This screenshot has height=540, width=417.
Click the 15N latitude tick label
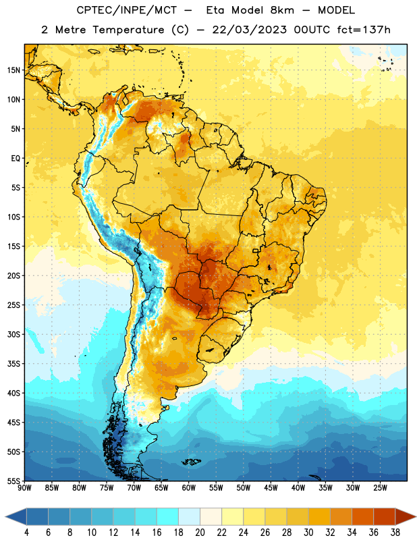[13, 70]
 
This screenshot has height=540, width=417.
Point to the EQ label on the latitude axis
[16, 159]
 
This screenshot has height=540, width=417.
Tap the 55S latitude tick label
[13, 481]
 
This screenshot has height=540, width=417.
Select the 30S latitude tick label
[13, 334]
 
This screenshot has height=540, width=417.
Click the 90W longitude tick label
[24, 487]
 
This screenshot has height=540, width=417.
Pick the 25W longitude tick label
[380, 487]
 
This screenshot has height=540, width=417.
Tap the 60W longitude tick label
[189, 487]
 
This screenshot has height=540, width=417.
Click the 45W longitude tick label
[271, 487]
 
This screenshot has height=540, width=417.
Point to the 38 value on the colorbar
[395, 533]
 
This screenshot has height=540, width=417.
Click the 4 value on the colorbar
[26, 533]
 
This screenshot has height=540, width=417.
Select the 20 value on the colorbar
[200, 533]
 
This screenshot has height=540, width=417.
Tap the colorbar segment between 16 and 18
[168, 516]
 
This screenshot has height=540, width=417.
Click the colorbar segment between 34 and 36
[362, 516]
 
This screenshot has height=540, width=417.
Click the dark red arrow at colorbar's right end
[404, 516]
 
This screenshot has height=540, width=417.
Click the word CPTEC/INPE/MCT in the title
[126, 10]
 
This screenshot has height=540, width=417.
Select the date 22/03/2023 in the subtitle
[249, 30]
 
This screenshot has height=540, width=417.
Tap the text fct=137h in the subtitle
[364, 30]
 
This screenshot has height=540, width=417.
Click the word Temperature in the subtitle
[128, 30]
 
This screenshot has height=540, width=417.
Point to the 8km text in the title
[282, 10]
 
